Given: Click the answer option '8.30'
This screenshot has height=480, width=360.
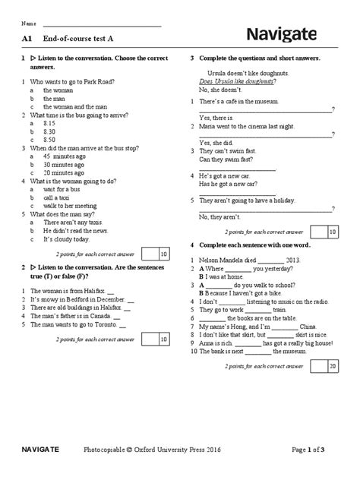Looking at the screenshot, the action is tap(50, 130).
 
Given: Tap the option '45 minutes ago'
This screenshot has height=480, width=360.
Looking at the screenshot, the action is tap(63, 155).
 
